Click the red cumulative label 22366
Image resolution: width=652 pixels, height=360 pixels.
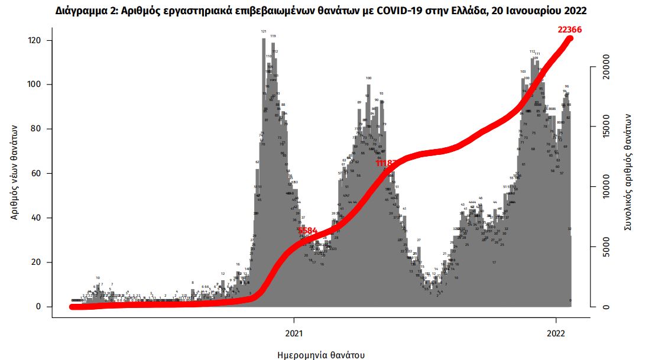pos(573,30)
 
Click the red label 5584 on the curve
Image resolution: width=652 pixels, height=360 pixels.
pos(308,231)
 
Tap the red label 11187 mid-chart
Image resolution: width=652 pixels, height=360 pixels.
pos(389,163)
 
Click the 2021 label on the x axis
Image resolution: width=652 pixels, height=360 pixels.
pos(294,333)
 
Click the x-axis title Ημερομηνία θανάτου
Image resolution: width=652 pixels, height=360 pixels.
pos(321,355)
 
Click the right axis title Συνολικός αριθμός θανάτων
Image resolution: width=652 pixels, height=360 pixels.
pos(628,171)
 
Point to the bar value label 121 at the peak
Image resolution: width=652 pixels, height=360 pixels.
pos(264,31)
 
